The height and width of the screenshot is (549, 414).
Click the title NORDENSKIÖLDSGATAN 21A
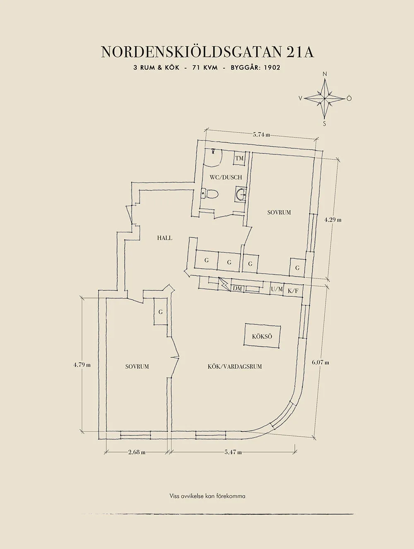[x=207, y=52]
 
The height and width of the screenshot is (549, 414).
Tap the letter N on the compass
[x=325, y=74]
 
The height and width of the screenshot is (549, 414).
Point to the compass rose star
[x=325, y=99]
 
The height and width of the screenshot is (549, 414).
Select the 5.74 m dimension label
[x=262, y=135]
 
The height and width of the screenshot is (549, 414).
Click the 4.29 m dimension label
[x=333, y=220]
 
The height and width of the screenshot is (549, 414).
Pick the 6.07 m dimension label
[x=320, y=362]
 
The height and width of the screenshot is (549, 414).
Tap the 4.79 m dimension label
[x=82, y=365]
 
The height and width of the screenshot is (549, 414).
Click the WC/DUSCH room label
[x=226, y=177]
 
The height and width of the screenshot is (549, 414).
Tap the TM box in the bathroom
[x=239, y=158]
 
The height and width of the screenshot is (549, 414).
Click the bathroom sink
[x=241, y=194]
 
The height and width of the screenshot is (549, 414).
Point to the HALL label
[x=165, y=238]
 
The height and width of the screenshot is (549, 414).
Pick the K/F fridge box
[x=293, y=290]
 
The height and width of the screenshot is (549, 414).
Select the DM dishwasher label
[x=237, y=289]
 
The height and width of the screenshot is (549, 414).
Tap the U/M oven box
[x=277, y=290]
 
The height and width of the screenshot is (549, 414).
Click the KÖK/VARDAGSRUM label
[x=234, y=366]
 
